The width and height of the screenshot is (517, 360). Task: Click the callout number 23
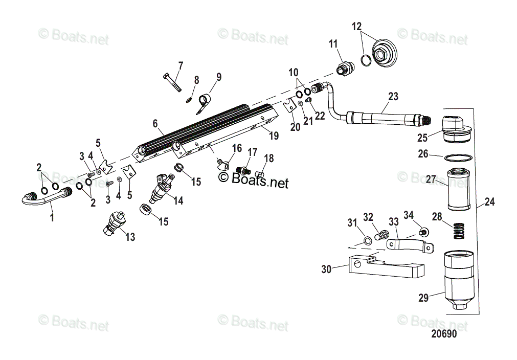[393, 96]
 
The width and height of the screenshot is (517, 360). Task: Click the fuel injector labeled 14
[160, 188]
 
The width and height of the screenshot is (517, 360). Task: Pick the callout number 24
[489, 202]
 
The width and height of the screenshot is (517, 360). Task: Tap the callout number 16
[236, 148]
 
